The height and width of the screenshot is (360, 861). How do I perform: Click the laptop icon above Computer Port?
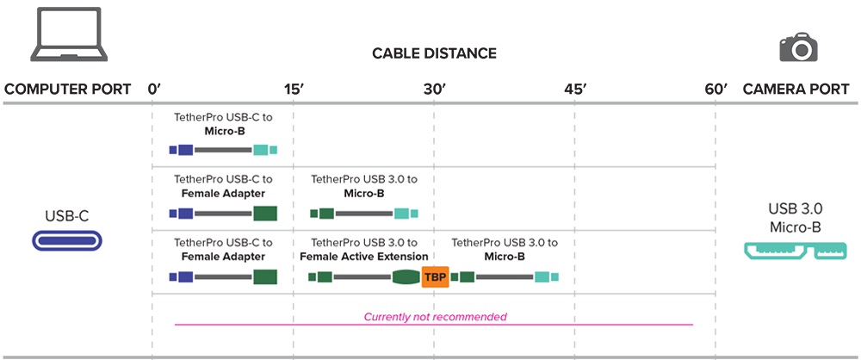[x=69, y=37]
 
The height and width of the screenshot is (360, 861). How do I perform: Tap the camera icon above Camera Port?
[x=797, y=47]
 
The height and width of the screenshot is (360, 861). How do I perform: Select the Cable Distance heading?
[x=434, y=53]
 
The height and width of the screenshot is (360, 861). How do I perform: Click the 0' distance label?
[x=155, y=89]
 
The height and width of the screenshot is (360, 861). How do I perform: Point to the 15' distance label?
[x=293, y=89]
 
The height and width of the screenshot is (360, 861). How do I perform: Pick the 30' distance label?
[x=434, y=89]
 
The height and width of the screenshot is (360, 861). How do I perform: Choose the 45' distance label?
[x=575, y=89]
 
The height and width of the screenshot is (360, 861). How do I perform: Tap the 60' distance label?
[x=715, y=89]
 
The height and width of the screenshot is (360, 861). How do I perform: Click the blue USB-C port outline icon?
[x=68, y=241]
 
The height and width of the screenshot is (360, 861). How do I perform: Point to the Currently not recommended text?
[x=435, y=317]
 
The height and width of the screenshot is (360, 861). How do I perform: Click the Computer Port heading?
[x=68, y=89]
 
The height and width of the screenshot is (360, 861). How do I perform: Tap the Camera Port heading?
[x=796, y=89]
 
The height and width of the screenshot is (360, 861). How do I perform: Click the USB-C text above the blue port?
[x=68, y=215]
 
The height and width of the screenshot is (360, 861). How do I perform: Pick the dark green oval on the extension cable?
[x=406, y=277]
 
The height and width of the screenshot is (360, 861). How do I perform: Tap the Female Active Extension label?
[x=363, y=257]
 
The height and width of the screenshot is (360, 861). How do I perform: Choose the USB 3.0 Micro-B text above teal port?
[x=796, y=218]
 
